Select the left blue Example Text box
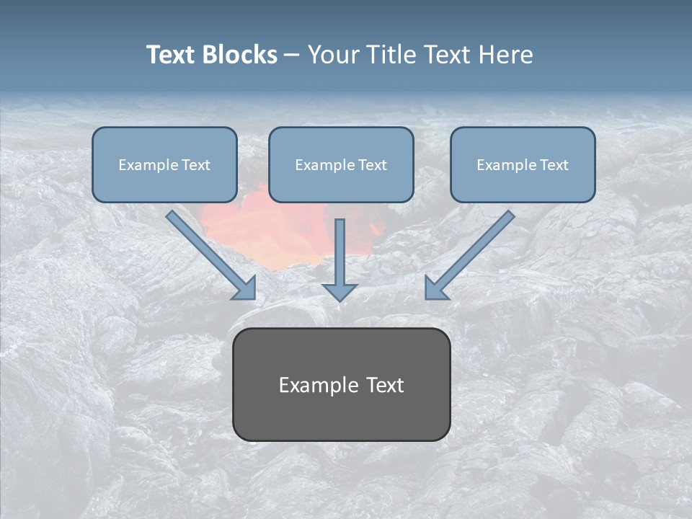(x=164, y=165)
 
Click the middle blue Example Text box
(x=341, y=165)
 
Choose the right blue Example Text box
(x=523, y=165)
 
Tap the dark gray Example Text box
(x=341, y=384)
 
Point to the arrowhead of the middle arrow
(x=340, y=291)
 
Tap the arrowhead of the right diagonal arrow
(x=435, y=288)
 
